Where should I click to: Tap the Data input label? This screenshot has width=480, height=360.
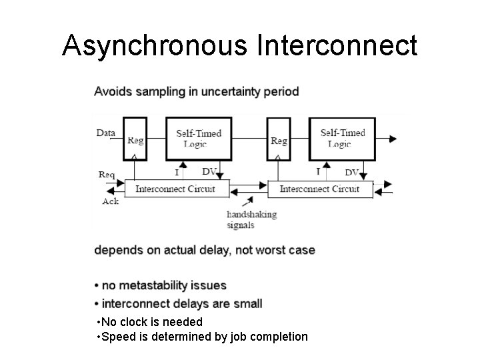105,133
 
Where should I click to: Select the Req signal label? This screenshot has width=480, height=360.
107,175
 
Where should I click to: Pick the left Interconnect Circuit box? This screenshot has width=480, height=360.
175,189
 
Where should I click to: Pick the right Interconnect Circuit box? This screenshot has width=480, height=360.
319,189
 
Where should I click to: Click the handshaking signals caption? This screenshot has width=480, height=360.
251,220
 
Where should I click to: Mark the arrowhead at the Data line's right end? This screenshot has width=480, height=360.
393,139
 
